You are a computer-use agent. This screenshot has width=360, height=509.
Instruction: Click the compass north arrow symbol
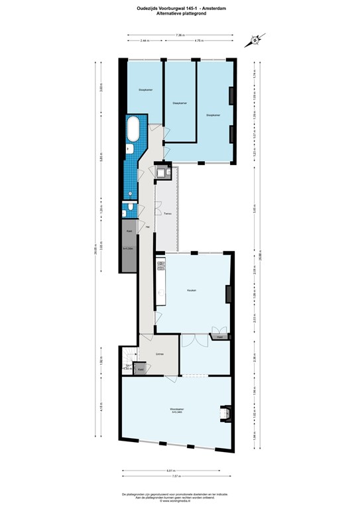[x=253, y=39]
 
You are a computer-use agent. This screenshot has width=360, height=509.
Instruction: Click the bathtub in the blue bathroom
[x=133, y=127]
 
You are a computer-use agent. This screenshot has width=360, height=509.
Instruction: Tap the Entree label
[x=160, y=355]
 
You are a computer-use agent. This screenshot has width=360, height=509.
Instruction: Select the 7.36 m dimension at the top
[x=179, y=34]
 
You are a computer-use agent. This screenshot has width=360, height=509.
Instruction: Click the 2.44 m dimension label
[x=144, y=41]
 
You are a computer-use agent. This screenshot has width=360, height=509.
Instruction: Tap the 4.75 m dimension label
[x=198, y=41]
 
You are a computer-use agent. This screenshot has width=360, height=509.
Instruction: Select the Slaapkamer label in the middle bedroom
[x=179, y=103]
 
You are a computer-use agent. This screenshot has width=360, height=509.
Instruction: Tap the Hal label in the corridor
[x=147, y=227]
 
